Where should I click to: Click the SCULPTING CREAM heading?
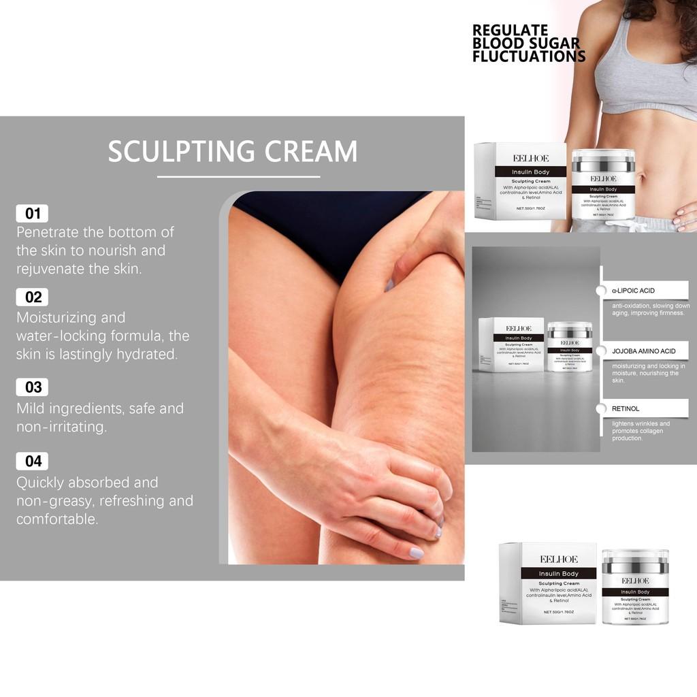[232, 151]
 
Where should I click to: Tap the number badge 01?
[32, 213]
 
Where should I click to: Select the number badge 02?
[32, 297]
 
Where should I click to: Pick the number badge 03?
[32, 387]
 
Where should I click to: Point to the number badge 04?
[32, 461]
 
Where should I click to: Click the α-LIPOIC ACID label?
[633, 291]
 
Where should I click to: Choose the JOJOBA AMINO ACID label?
[643, 351]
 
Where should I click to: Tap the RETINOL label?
[626, 408]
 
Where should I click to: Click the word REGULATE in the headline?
[510, 30]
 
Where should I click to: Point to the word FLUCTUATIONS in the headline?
[529, 57]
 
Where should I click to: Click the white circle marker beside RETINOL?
[601, 408]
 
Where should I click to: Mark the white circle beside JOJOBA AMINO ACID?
[601, 351]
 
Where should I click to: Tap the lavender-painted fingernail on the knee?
[416, 553]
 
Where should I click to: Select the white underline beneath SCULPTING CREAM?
[238, 176]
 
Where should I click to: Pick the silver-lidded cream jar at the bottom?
[634, 586]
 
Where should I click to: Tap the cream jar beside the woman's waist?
[602, 184]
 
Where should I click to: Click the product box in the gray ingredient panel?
[510, 344]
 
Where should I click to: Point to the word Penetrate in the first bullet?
[46, 232]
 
